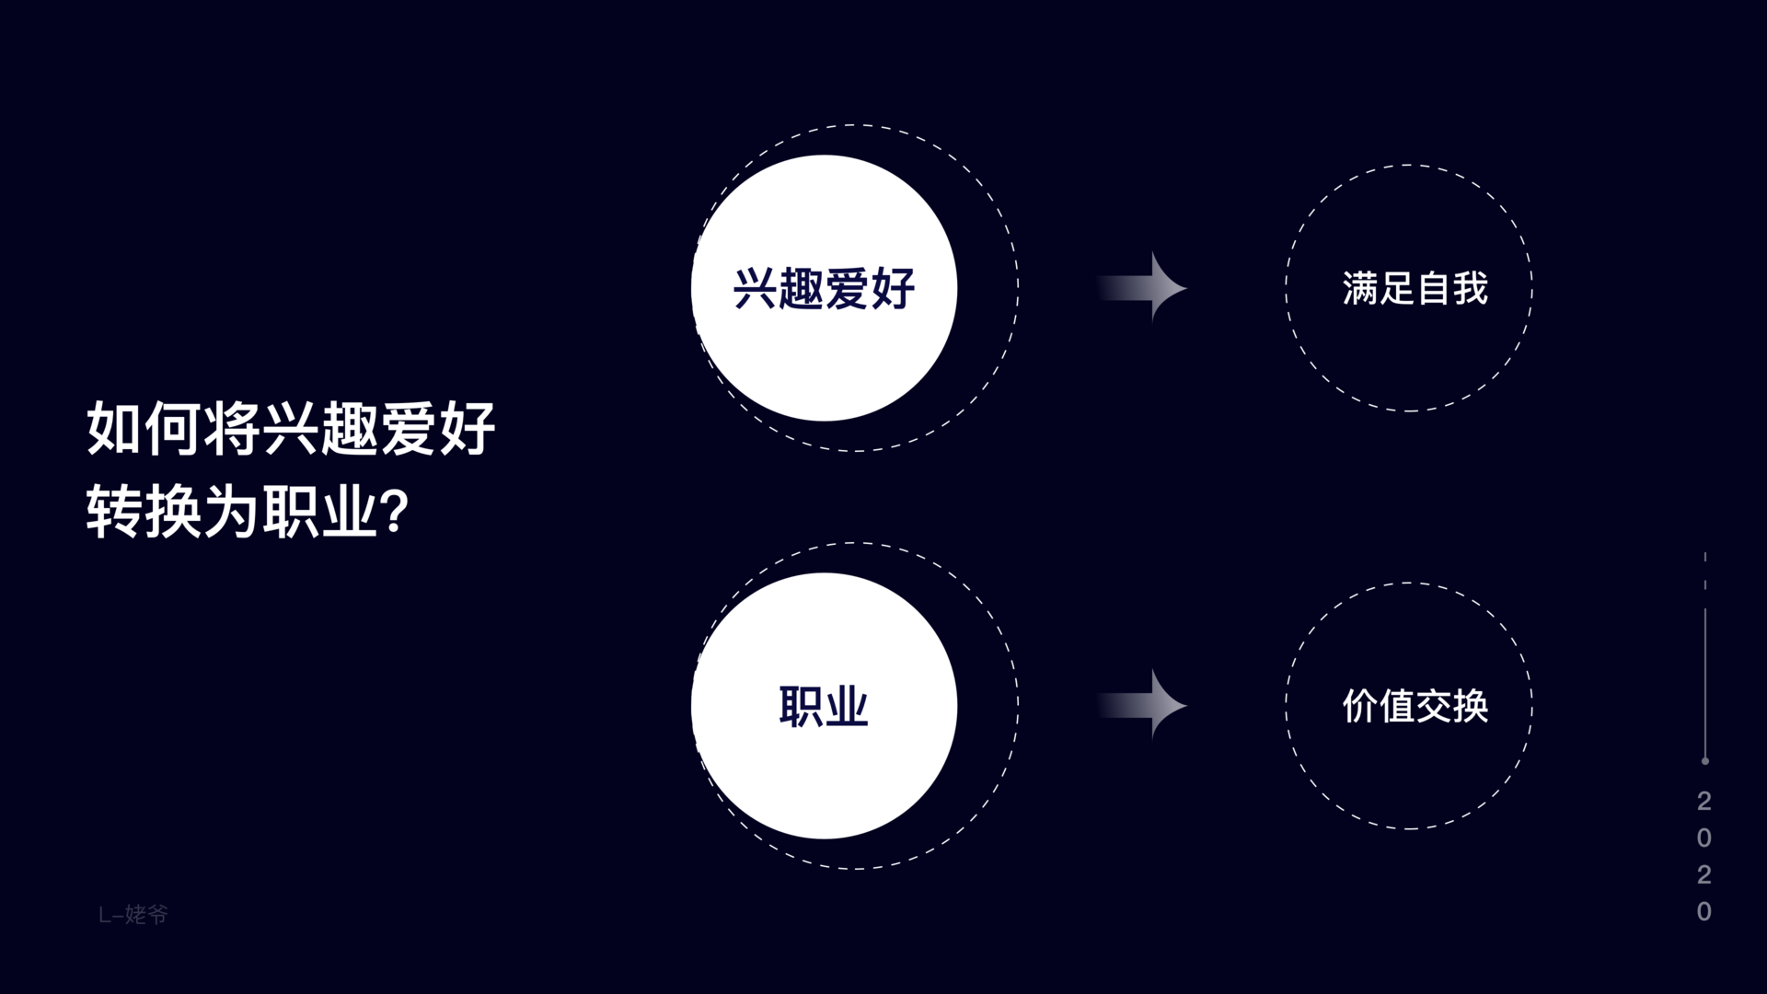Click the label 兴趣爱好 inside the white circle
pyautogui.click(x=824, y=289)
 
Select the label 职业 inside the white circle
pyautogui.click(x=824, y=707)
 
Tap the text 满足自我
pyautogui.click(x=1415, y=289)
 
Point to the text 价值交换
pyautogui.click(x=1415, y=707)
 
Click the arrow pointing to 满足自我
pyautogui.click(x=1141, y=288)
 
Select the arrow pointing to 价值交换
pyautogui.click(x=1141, y=706)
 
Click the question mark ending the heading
pyautogui.click(x=394, y=512)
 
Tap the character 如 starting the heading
pyautogui.click(x=115, y=428)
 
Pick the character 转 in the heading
pyautogui.click(x=115, y=512)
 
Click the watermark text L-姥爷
pyautogui.click(x=133, y=914)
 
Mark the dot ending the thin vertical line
pyautogui.click(x=1705, y=761)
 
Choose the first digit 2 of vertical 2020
pyautogui.click(x=1704, y=801)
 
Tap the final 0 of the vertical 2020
pyautogui.click(x=1704, y=911)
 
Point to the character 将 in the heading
pyautogui.click(x=232, y=428)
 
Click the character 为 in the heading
pyautogui.click(x=232, y=512)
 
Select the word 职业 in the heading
pyautogui.click(x=320, y=512)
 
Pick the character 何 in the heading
pyautogui.click(x=174, y=428)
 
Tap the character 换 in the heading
pyautogui.click(x=174, y=512)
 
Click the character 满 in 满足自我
pyautogui.click(x=1360, y=289)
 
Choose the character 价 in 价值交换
pyautogui.click(x=1360, y=707)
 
